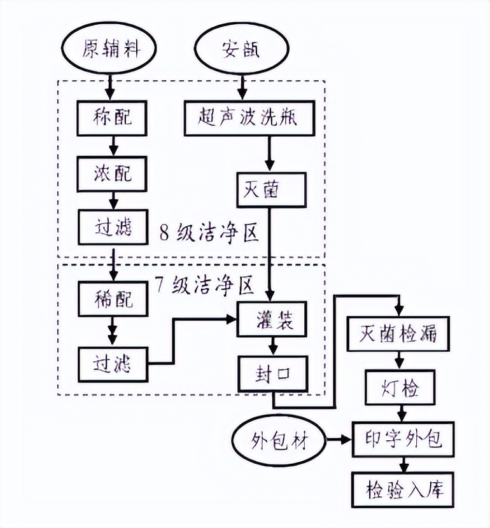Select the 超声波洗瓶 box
pyautogui.click(x=249, y=119)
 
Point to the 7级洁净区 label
pyautogui.click(x=204, y=284)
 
